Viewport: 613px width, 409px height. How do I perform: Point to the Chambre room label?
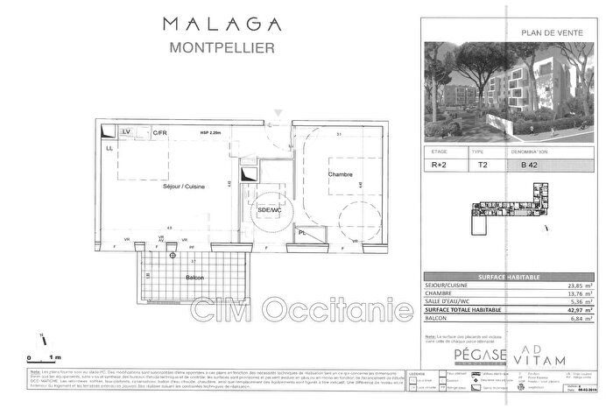point(340,175)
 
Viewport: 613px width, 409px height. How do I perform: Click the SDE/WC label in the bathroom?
point(268,211)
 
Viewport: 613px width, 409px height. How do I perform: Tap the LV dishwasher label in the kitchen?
point(126,131)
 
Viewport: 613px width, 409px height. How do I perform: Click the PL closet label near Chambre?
point(301,234)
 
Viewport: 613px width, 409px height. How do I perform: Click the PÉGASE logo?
point(480,355)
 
